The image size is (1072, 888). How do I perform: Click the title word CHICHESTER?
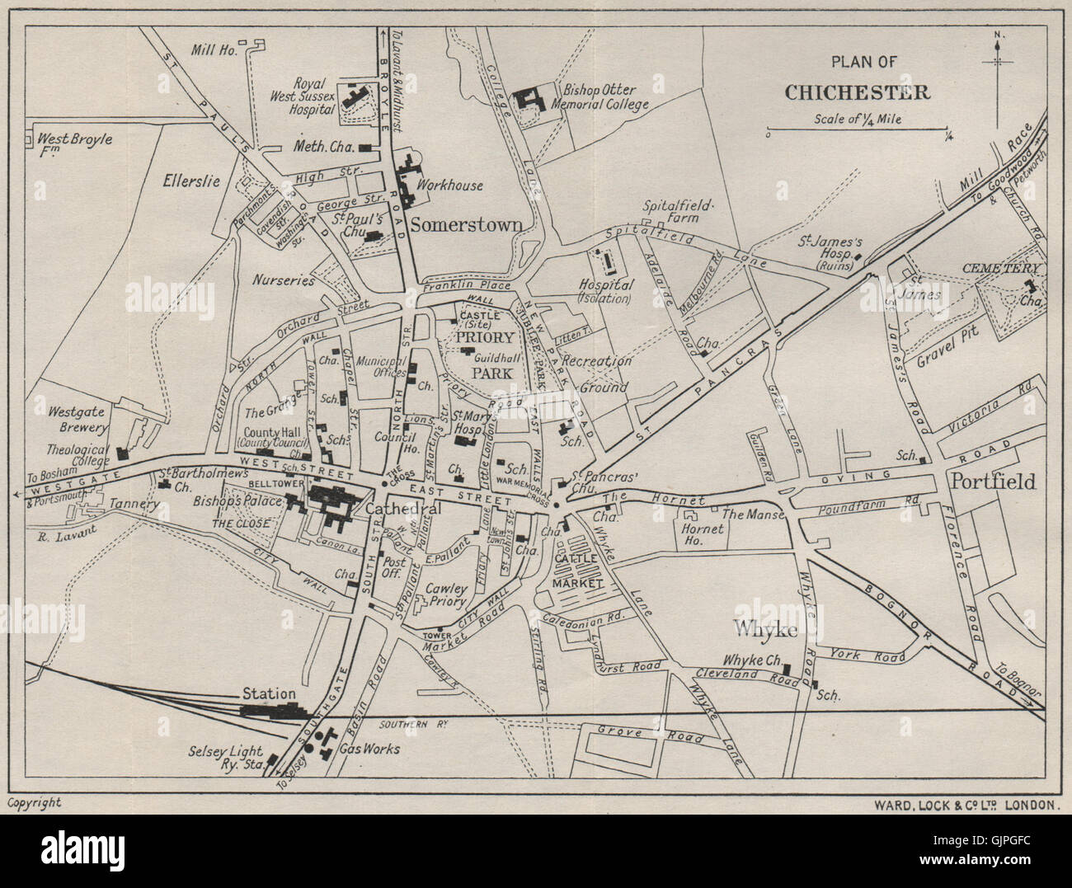click(x=857, y=92)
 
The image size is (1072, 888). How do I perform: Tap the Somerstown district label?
click(x=467, y=223)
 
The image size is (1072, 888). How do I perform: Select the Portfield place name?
click(x=992, y=481)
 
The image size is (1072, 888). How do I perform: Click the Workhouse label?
click(x=449, y=186)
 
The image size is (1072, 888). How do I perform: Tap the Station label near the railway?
click(x=269, y=693)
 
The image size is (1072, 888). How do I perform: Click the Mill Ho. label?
click(x=214, y=50)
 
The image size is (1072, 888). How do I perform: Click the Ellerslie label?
click(x=191, y=181)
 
